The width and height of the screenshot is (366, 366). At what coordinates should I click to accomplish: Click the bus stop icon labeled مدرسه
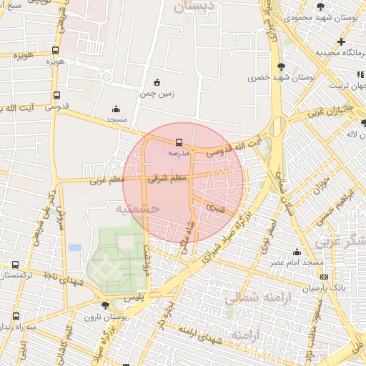[x=179, y=142]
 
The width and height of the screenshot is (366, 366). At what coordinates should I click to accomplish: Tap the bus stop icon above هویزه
[x=56, y=50]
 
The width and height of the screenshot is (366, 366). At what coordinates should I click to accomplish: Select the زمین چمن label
[x=157, y=94]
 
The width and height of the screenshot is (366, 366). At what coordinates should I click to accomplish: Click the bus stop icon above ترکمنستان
[x=16, y=264]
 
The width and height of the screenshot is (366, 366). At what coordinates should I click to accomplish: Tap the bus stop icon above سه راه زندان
[x=16, y=315]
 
